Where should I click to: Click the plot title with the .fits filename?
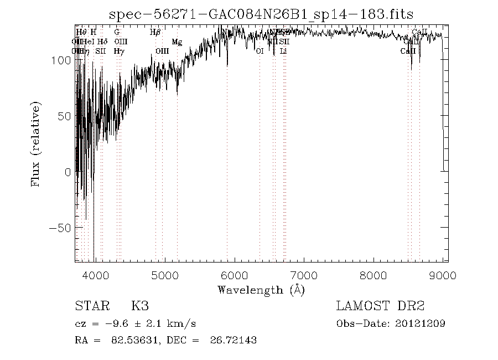click(261, 14)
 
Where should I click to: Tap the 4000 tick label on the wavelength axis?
click(95, 275)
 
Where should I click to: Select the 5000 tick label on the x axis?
click(164, 275)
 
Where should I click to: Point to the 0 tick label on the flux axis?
click(67, 172)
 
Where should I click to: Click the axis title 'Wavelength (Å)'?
click(261, 290)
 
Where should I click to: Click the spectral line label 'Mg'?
click(177, 42)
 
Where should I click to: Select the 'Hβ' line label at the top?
click(155, 32)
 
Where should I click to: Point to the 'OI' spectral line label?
click(260, 51)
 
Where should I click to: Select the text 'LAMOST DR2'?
click(380, 306)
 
